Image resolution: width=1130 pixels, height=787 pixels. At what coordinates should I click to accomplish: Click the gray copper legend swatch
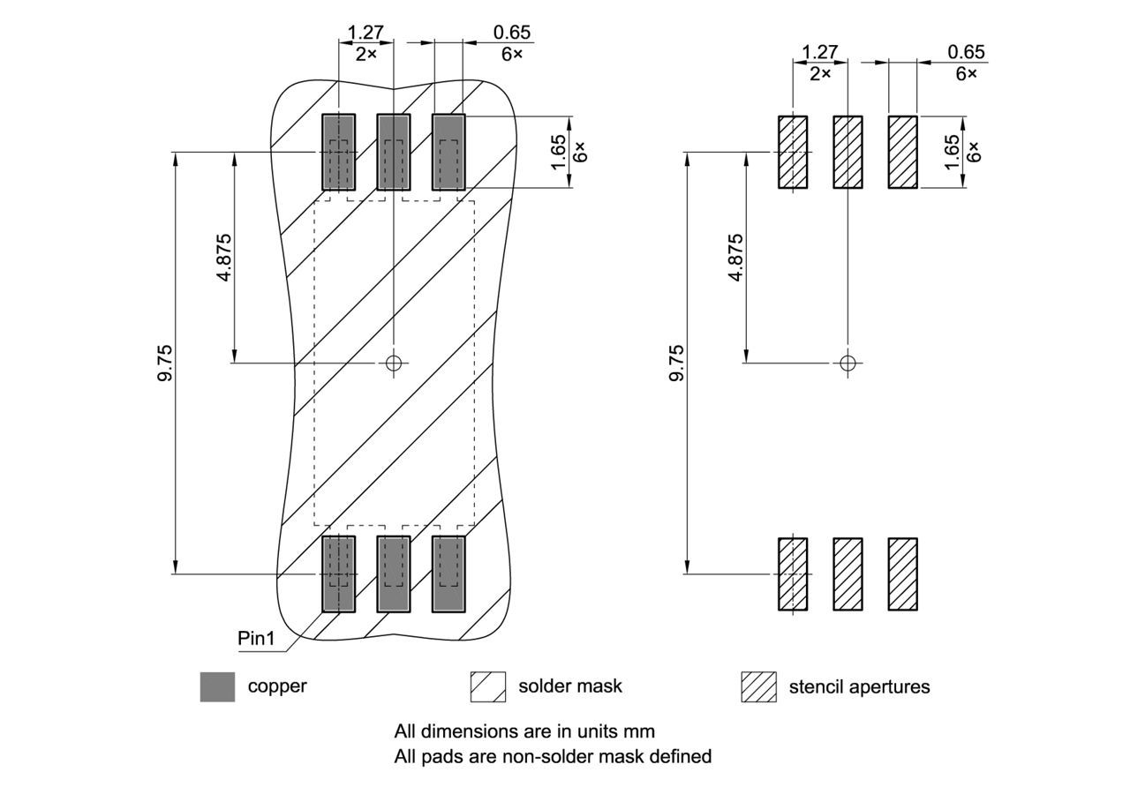[x=217, y=686]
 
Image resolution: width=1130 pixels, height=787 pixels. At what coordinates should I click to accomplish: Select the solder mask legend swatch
[x=487, y=686]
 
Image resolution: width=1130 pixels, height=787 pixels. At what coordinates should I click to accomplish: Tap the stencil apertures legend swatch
[x=758, y=686]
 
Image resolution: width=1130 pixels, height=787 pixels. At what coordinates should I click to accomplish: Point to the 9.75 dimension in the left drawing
[x=165, y=363]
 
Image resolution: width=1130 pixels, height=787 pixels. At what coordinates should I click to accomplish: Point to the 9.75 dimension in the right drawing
[x=676, y=363]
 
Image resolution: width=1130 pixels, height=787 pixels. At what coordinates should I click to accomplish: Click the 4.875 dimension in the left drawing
[x=223, y=257]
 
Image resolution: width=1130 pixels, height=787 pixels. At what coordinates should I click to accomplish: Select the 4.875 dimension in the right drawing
[x=735, y=257]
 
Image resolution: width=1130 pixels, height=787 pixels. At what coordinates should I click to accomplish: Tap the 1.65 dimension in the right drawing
[x=951, y=152]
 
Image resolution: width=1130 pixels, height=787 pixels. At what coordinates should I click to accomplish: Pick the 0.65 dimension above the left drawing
[x=512, y=33]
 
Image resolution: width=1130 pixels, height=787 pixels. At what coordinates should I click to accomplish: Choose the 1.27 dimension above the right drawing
[x=820, y=52]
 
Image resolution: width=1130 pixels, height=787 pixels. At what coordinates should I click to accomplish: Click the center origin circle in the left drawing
[x=394, y=363]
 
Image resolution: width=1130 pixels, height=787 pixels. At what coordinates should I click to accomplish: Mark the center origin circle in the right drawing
[x=847, y=363]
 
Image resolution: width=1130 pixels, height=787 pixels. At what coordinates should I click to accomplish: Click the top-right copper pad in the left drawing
[x=448, y=152]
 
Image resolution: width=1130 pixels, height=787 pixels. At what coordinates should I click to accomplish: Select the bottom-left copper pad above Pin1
[x=337, y=574]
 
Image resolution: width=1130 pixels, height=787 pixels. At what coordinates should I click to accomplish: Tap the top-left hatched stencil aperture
[x=792, y=152]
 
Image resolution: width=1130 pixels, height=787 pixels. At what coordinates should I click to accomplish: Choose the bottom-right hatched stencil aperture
[x=902, y=574]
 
